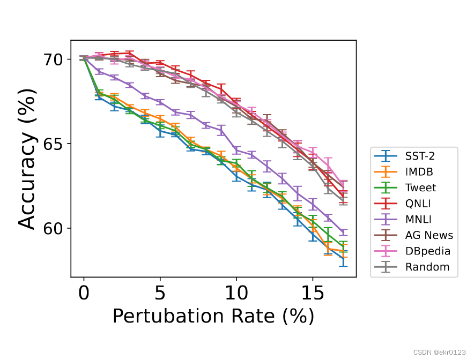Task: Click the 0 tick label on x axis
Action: pos(84,294)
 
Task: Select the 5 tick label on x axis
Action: pos(160,294)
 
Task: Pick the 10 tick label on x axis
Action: pos(236,294)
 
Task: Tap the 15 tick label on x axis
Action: pos(312,294)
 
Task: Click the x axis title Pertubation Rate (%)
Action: pos(213,317)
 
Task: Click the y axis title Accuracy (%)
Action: pos(28,159)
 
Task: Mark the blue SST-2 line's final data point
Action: pos(343,258)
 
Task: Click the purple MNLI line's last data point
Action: pos(343,232)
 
